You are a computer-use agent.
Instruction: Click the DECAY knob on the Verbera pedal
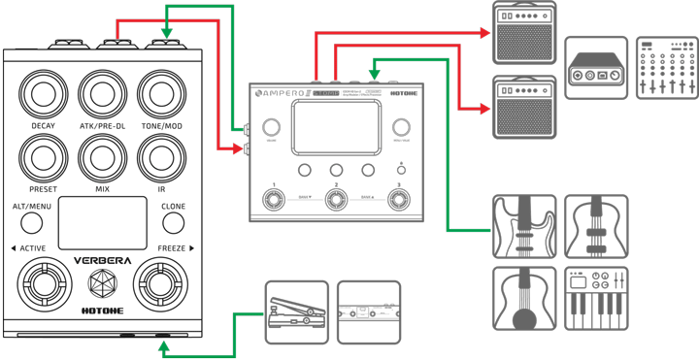43,94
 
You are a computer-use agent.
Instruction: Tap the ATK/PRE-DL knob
103,94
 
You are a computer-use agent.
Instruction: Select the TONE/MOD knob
161,94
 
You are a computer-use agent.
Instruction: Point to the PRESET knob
43,156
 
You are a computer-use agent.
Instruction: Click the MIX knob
103,156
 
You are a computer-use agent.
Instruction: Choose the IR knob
161,156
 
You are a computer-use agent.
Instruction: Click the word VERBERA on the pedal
103,260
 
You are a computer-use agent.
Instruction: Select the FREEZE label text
171,248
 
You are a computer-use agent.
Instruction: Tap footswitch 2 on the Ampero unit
336,201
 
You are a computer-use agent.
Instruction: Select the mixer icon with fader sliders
666,68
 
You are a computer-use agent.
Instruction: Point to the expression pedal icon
296,311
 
